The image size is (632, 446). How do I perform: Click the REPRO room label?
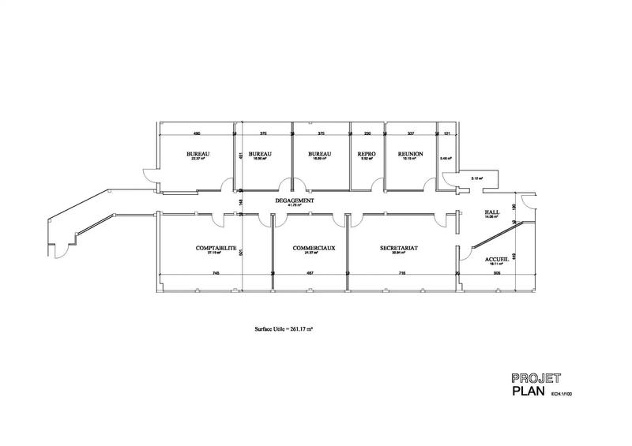[366, 154]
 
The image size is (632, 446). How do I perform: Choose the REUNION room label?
[411, 154]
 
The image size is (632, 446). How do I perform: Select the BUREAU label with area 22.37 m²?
[197, 154]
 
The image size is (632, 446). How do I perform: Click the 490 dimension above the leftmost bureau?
[197, 133]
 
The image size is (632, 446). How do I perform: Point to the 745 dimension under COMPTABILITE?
[216, 273]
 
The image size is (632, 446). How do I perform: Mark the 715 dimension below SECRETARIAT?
[402, 273]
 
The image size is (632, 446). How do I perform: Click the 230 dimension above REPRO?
[367, 133]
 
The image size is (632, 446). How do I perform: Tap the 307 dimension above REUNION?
[411, 133]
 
